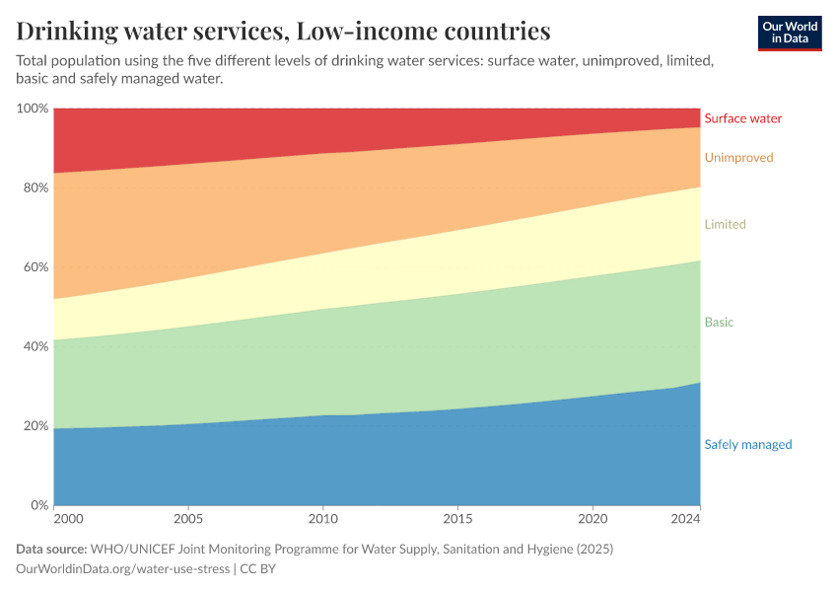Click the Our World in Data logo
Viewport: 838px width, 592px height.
click(x=789, y=33)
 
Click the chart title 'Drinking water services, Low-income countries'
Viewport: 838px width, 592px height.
click(x=284, y=31)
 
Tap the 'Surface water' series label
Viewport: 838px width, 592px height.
click(x=742, y=118)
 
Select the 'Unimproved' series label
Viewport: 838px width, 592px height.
click(x=738, y=158)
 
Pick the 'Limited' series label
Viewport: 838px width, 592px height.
click(x=725, y=225)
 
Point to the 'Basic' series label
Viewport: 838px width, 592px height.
click(x=719, y=323)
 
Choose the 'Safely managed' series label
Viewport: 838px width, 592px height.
click(x=747, y=445)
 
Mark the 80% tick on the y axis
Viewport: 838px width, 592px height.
click(x=35, y=187)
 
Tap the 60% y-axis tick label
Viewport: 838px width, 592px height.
click(x=35, y=267)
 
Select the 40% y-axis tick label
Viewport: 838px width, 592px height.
click(x=35, y=347)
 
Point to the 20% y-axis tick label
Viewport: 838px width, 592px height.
click(x=35, y=426)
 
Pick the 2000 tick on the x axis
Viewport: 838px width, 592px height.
click(x=68, y=520)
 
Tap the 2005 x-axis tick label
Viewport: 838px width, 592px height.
click(x=188, y=520)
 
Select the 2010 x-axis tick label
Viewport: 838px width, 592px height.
click(x=322, y=520)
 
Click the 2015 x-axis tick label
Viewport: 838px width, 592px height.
click(x=456, y=520)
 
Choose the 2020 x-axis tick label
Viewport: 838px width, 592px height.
click(x=592, y=520)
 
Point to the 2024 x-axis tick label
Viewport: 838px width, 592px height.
click(x=685, y=520)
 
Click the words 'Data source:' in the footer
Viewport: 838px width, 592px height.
click(x=51, y=549)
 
